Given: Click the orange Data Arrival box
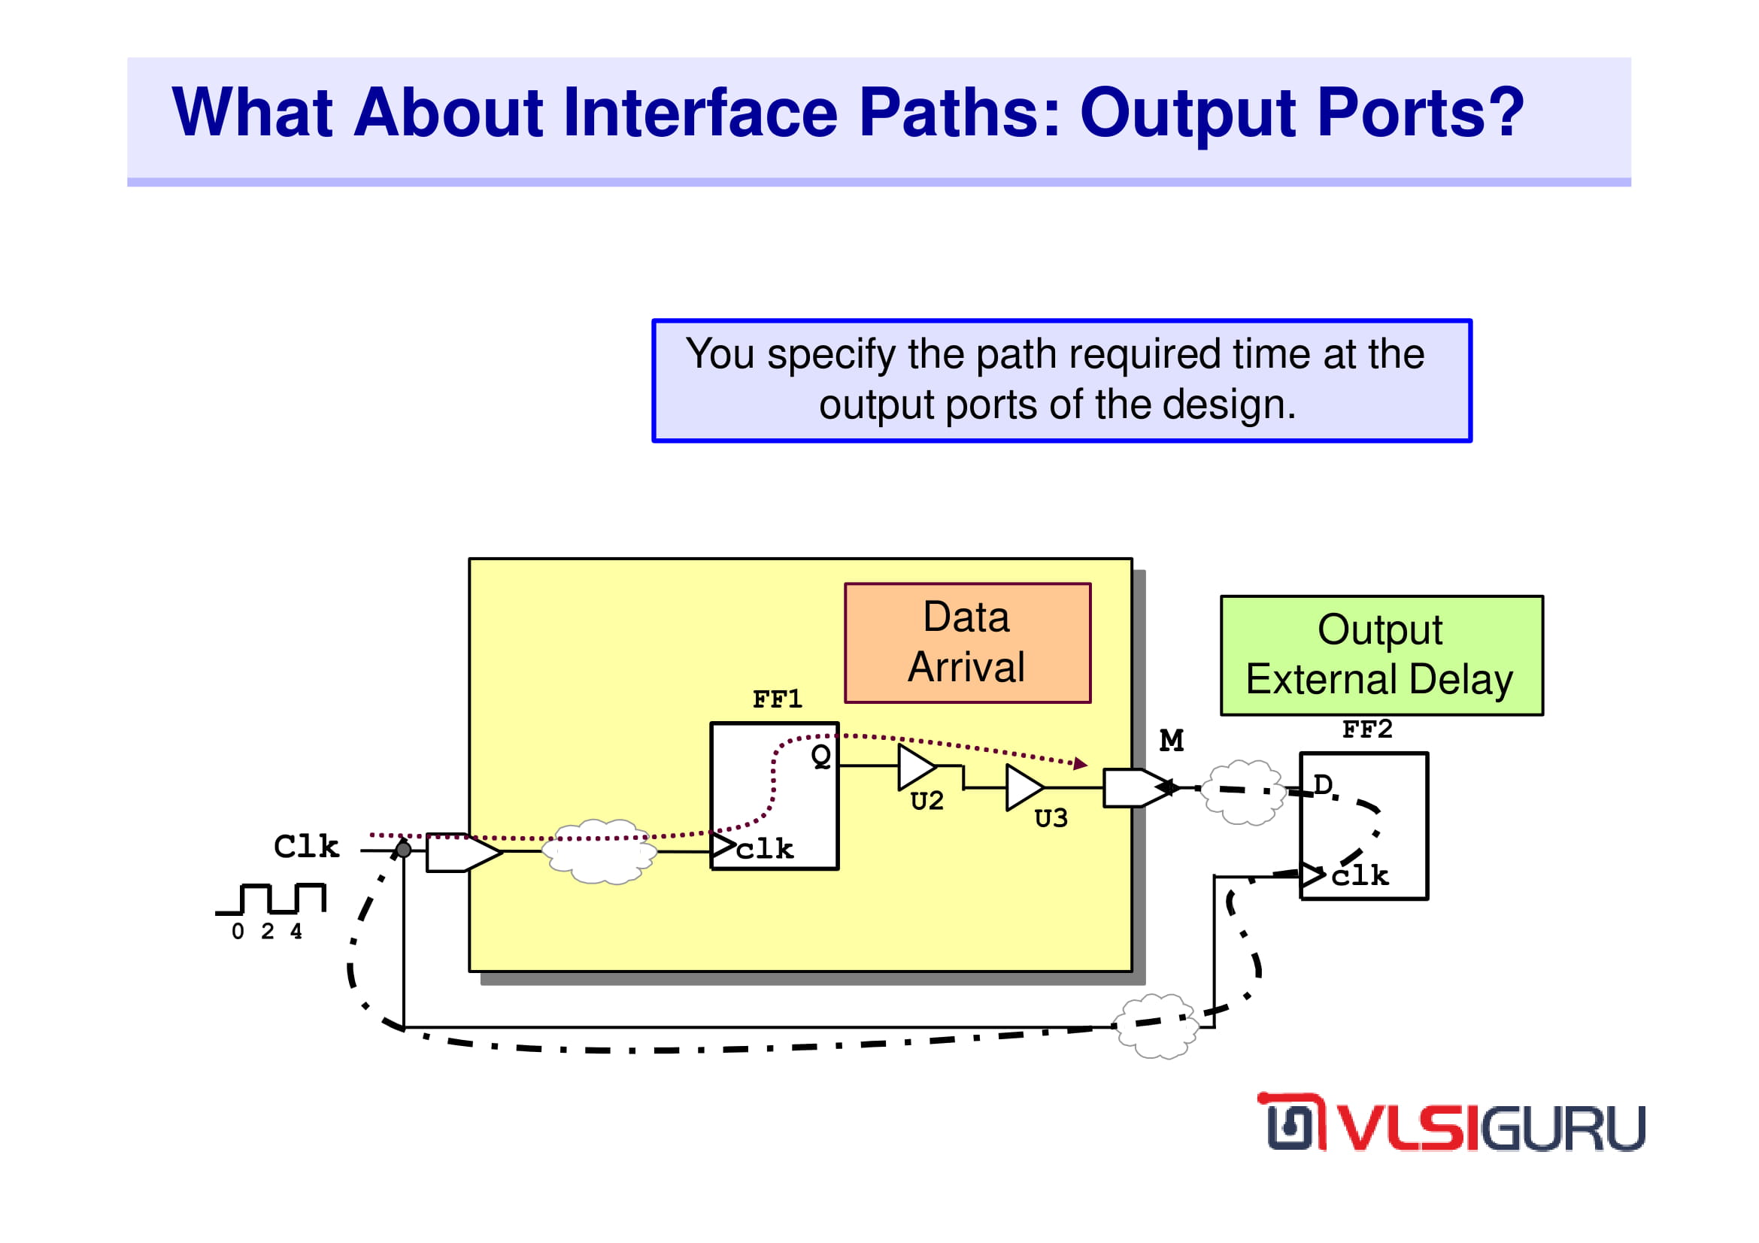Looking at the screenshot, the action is pos(968,643).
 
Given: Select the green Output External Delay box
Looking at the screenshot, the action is pos(1381,655).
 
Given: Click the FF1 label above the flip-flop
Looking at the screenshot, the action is pos(777,699).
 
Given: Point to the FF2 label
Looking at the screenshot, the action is pos(1366,729).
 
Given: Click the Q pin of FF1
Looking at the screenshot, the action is pos(820,756).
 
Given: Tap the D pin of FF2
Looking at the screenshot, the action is pos(1322,784).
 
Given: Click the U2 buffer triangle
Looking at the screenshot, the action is pos(917,767).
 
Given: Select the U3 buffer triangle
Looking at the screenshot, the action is pos(1025,787).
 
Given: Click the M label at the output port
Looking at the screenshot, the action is pos(1172,740).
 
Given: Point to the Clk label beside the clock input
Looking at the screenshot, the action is pos(306,846).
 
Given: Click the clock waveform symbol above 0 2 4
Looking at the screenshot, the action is pos(271,899).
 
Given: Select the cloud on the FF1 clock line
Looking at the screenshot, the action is pos(599,852).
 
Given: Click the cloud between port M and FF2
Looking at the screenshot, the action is pos(1242,792).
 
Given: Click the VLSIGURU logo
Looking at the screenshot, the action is pos(1451,1123).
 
